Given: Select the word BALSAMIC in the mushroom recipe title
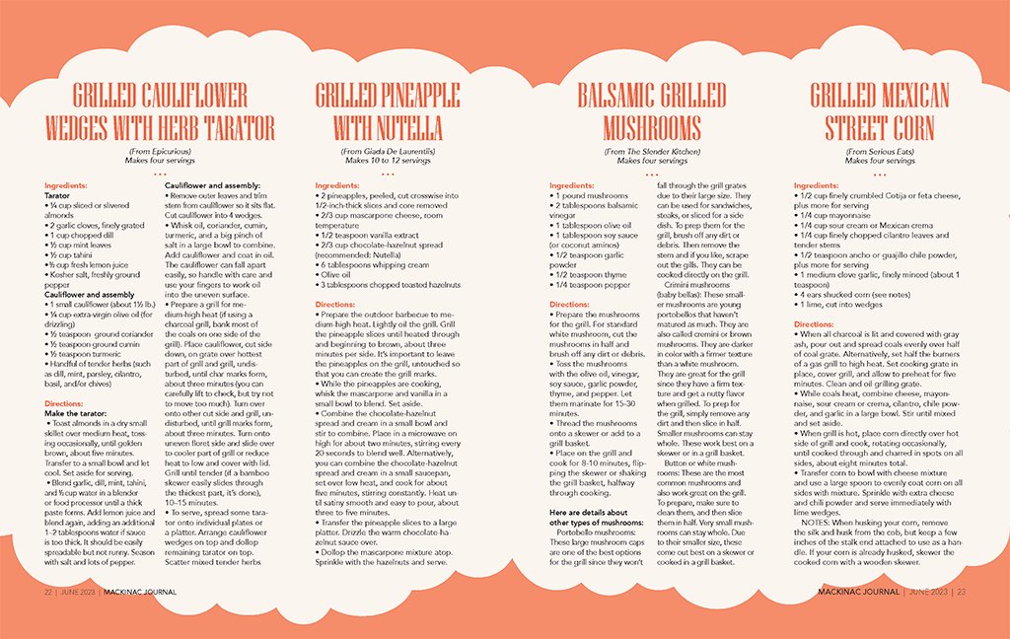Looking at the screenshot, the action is point(613,97).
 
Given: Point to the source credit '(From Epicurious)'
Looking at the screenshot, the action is point(160,151).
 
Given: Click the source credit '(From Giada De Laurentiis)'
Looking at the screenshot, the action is point(388,151).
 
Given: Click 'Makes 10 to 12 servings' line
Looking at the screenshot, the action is point(388,160).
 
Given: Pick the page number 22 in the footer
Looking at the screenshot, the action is point(47,593).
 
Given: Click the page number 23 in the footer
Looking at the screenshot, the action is point(961,593).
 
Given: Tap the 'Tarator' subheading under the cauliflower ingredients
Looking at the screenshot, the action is point(58,195).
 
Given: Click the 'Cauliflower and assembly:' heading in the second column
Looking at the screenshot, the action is point(212,185).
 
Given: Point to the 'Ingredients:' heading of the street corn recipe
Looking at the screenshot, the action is point(816,185).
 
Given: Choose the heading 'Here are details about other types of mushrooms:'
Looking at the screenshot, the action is point(595,517).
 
